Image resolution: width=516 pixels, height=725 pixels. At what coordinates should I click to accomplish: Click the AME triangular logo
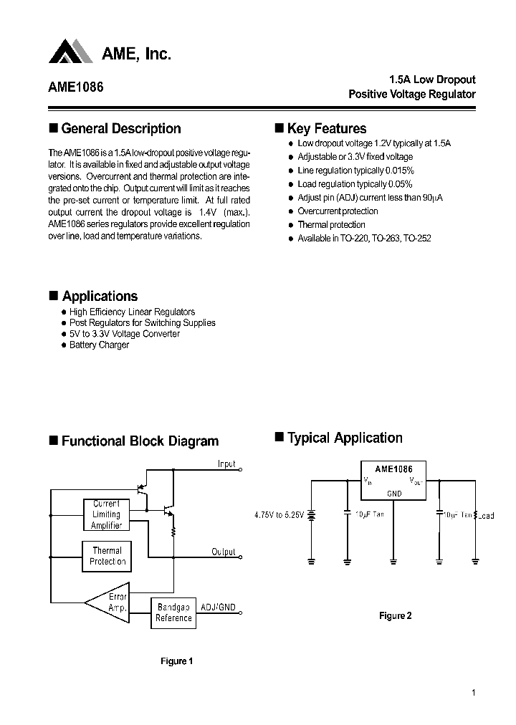(71, 52)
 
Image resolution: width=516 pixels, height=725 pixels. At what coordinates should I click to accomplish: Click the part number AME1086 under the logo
(76, 87)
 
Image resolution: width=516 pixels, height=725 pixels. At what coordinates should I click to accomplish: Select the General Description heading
(120, 129)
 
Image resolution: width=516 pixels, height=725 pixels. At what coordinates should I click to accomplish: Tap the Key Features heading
(326, 129)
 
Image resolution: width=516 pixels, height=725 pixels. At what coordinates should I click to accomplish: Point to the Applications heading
(100, 297)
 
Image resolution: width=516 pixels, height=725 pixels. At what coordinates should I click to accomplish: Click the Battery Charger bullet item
(99, 345)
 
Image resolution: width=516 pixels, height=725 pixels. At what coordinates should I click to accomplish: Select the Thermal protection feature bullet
(331, 225)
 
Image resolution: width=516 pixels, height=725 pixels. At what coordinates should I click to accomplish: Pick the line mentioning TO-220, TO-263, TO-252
(364, 239)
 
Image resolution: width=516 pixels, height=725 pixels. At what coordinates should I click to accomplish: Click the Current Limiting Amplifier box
(107, 514)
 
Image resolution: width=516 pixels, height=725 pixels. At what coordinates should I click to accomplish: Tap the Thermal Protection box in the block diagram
(107, 556)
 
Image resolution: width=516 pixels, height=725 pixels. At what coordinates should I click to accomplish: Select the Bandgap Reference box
(173, 613)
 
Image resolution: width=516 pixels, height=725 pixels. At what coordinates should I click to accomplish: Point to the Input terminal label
(226, 464)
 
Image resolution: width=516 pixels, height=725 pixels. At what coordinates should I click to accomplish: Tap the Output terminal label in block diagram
(224, 552)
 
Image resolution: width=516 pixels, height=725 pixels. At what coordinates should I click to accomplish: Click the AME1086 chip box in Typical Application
(393, 480)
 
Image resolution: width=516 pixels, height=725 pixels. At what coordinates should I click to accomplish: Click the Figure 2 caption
(395, 615)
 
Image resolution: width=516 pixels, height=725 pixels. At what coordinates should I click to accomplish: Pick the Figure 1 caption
(176, 661)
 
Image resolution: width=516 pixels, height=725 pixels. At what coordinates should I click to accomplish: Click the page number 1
(474, 693)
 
